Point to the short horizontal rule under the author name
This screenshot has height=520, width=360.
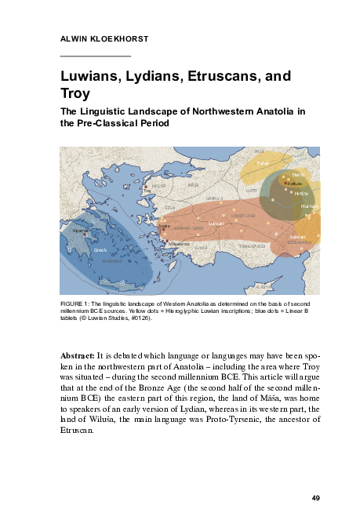click(x=95, y=56)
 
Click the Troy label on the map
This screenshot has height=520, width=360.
click(x=147, y=191)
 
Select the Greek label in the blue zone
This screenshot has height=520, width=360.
click(x=100, y=250)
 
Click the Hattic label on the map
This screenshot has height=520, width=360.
click(x=298, y=174)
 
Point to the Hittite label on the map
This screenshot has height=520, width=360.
click(x=302, y=193)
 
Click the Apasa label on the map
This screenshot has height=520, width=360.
click(x=165, y=227)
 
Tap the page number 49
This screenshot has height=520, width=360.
click(x=315, y=498)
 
